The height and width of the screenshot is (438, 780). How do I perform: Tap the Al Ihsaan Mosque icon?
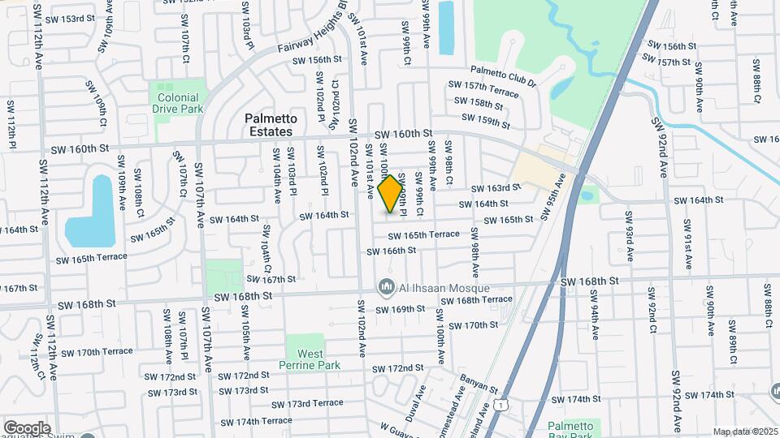[x=386, y=287]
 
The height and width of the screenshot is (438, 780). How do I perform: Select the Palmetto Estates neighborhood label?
[x=271, y=125]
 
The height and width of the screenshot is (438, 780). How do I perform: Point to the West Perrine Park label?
[x=310, y=360]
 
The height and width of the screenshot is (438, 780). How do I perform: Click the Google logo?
[x=26, y=427]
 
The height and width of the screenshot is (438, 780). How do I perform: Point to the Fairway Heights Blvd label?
[x=309, y=37]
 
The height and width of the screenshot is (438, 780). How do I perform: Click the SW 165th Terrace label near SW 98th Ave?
[x=423, y=235]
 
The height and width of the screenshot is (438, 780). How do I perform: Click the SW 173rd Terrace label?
[x=307, y=403]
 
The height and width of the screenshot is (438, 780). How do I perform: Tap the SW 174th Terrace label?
[x=255, y=421]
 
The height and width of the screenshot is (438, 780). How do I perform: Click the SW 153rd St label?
[x=69, y=19]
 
